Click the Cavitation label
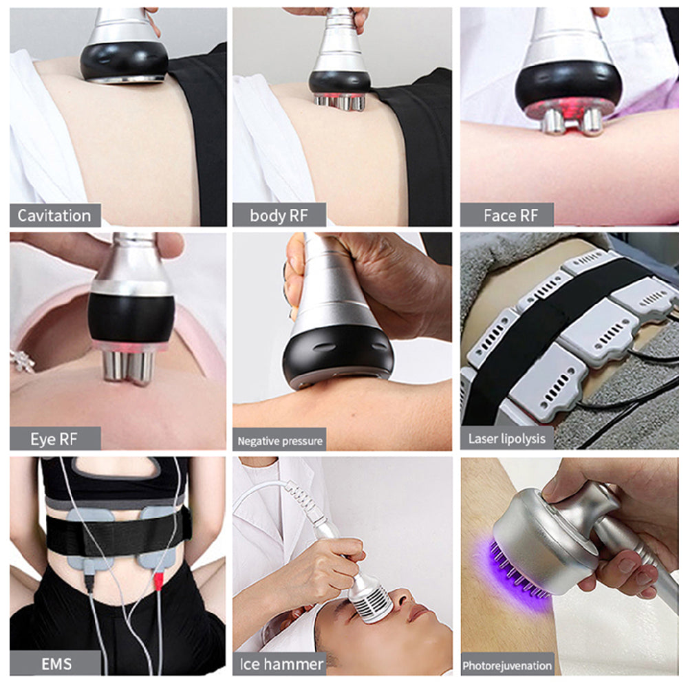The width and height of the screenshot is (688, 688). pos(54,215)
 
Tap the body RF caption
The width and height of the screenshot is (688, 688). pos(279,215)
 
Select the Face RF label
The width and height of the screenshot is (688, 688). pos(510,215)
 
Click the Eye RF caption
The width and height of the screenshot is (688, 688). pos(54,439)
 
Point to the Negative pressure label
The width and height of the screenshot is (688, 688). pos(280,440)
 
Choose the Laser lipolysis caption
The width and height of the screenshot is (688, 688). pos(507,439)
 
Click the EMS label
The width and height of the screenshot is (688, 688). pos(56,664)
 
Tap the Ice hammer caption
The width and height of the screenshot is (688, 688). pos(281,664)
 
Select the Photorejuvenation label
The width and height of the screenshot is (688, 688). pos(507,665)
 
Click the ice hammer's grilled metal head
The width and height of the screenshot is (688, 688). pos(370,601)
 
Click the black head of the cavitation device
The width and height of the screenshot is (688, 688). pos(124,62)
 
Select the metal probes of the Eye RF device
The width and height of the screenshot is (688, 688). pos(127,367)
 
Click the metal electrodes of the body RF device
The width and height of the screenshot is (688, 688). pos(340,103)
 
